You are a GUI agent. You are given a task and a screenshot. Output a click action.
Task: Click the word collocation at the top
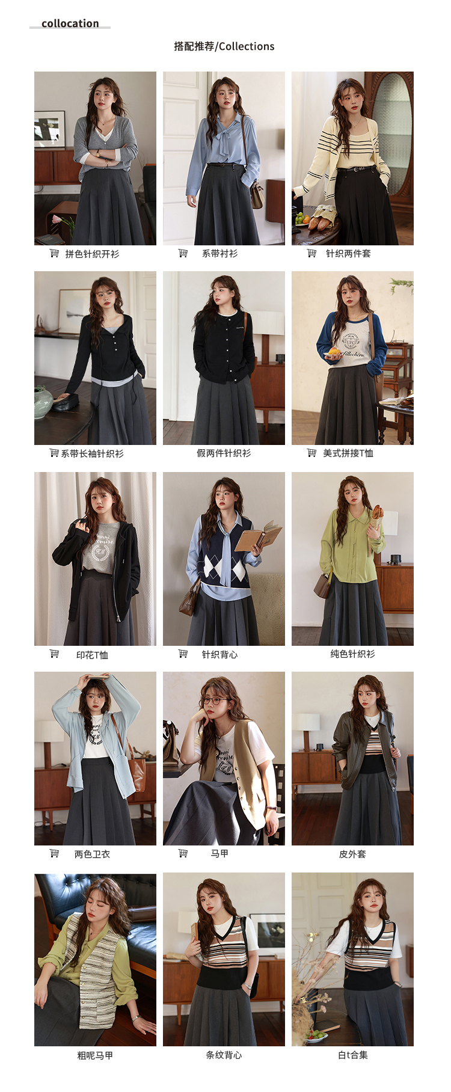(x=70, y=23)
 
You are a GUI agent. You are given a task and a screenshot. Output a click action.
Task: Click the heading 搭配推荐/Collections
(x=224, y=46)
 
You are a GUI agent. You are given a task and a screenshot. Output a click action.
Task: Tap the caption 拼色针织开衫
(x=92, y=254)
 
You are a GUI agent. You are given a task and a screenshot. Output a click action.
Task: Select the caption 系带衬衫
(x=219, y=253)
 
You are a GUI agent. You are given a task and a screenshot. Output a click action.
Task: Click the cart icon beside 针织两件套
(x=311, y=253)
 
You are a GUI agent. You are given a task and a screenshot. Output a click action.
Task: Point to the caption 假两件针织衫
(x=224, y=453)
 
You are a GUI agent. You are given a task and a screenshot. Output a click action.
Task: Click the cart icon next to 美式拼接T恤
(x=311, y=453)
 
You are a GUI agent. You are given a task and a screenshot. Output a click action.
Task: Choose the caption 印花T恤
(x=92, y=655)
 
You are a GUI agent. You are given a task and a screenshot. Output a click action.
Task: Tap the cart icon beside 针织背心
(x=183, y=654)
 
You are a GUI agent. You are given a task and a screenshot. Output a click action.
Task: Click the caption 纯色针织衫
(x=352, y=654)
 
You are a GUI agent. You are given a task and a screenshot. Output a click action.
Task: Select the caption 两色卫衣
(x=92, y=854)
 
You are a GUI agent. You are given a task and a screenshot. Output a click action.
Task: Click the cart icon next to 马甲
(x=183, y=853)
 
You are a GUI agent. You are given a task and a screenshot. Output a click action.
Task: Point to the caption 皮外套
(x=352, y=854)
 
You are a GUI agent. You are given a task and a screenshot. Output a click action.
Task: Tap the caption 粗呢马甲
(x=95, y=1055)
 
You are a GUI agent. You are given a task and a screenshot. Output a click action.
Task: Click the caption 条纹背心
(x=224, y=1055)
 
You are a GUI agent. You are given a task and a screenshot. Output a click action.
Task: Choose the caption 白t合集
(x=352, y=1055)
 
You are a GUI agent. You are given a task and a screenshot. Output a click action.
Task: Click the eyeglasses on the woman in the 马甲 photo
(x=216, y=701)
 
